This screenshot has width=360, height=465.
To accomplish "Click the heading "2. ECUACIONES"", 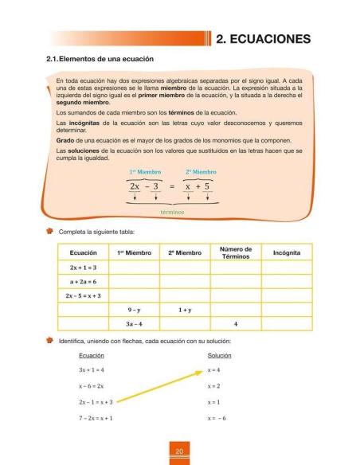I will [x=269, y=38].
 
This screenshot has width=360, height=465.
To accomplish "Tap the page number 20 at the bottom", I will [x=180, y=452].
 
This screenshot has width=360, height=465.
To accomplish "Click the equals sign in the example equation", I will [x=173, y=188].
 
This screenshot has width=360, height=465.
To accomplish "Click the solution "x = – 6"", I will [x=217, y=417].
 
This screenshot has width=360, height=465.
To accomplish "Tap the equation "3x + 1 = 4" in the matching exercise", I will [x=92, y=370].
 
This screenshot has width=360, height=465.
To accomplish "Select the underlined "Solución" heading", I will [x=218, y=355].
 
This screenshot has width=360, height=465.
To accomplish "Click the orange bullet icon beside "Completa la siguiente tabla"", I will [x=51, y=231].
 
